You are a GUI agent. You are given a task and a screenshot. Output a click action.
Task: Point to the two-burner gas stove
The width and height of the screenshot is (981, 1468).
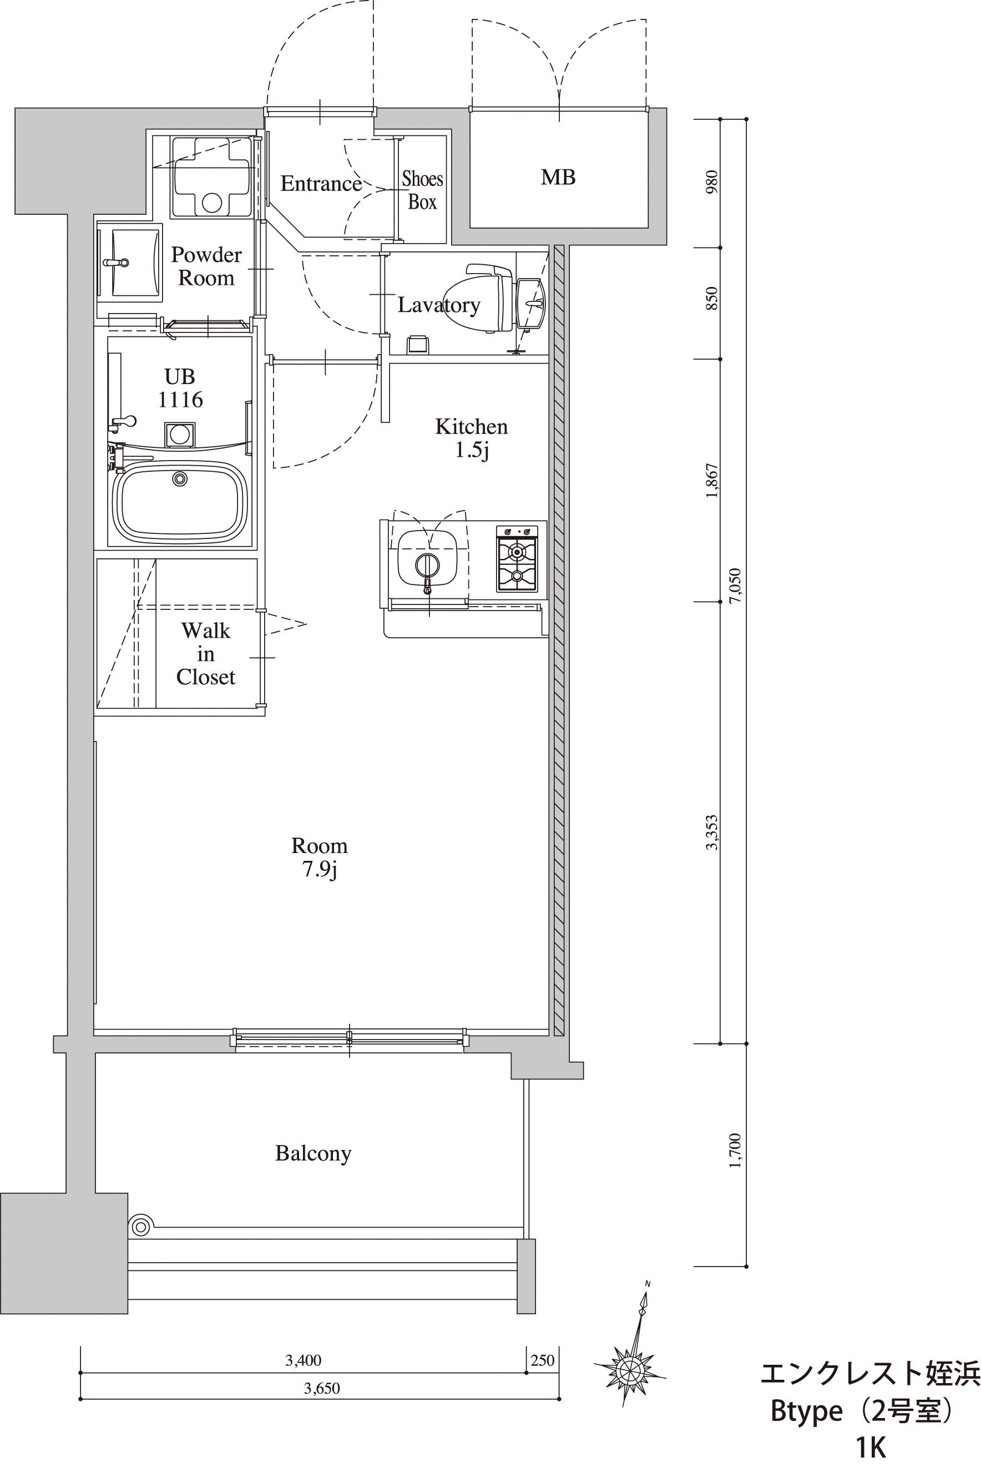coord(517,559)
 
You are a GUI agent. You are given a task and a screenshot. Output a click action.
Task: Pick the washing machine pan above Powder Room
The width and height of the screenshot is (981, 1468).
coord(212,177)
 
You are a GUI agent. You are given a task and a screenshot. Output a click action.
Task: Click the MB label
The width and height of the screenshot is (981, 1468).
coord(558,178)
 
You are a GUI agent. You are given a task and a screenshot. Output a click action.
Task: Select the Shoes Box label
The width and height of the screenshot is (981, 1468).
coord(422,190)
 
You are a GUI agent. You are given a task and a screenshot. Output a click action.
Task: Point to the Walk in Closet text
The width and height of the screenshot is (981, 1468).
coord(206,654)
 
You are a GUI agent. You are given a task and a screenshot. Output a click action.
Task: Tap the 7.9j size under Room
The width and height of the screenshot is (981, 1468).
coord(319,870)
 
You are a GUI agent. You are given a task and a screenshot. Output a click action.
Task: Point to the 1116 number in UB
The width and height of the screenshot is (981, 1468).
coord(180,399)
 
